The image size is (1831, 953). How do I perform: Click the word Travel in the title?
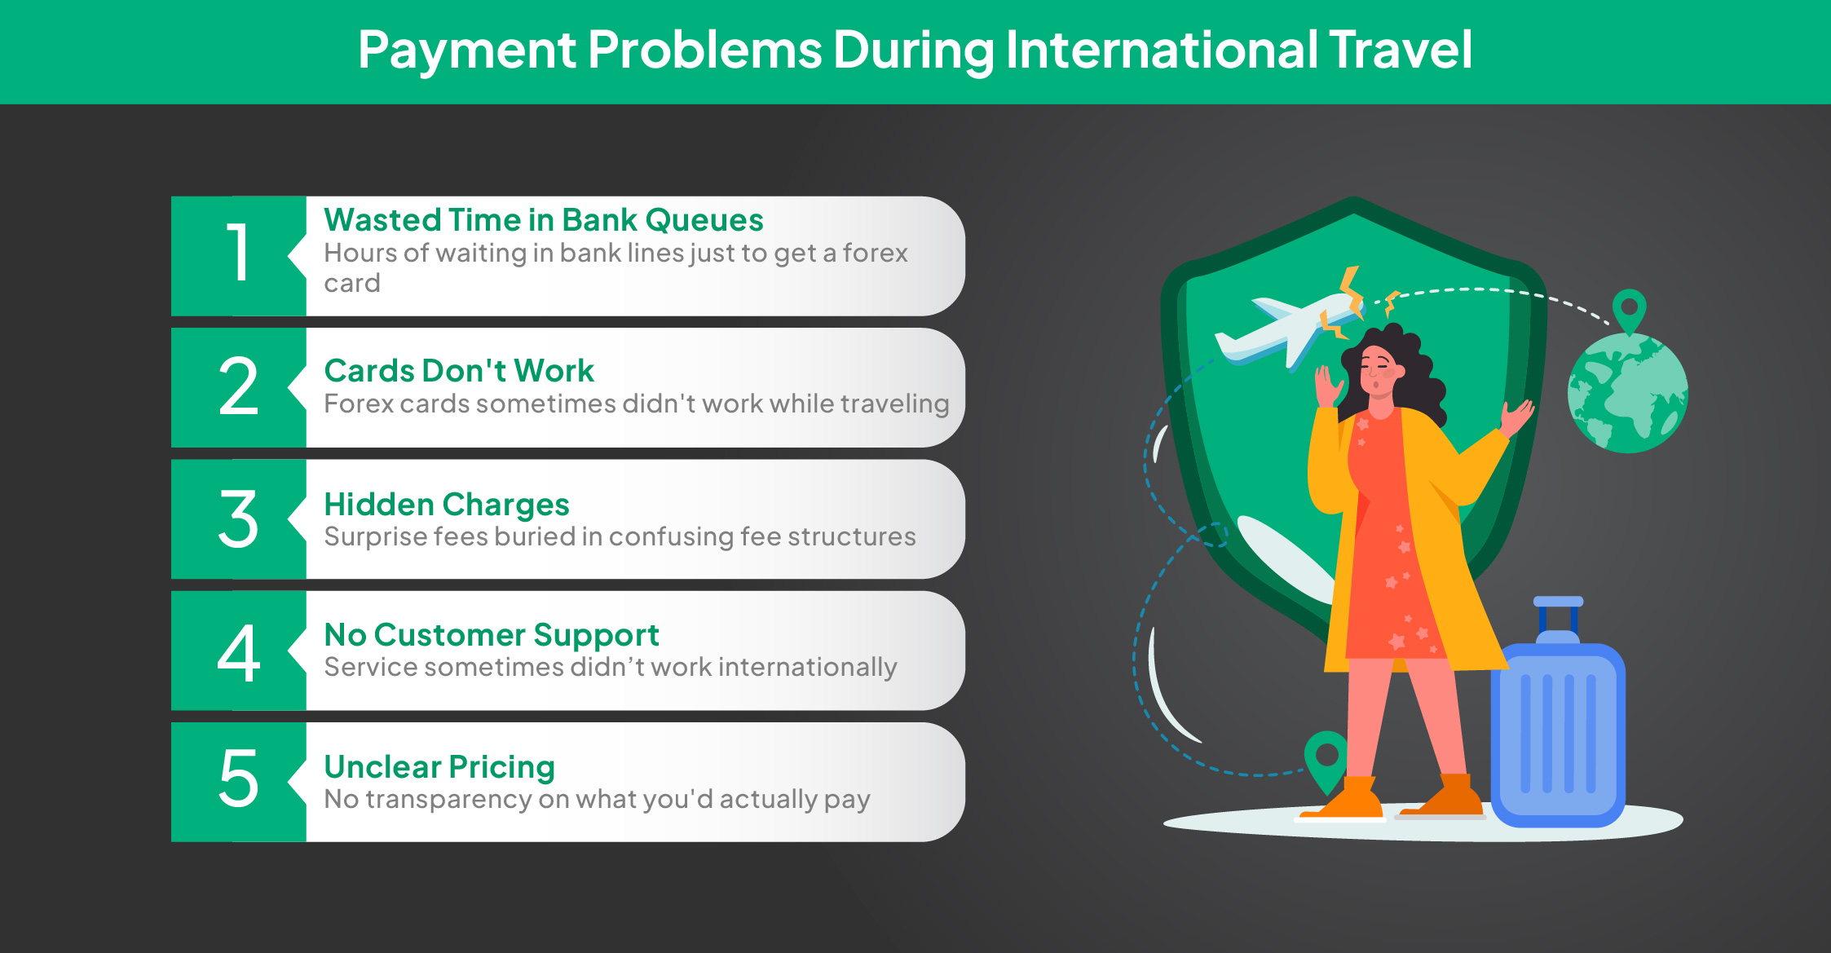coord(1401,50)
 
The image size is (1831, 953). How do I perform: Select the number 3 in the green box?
coord(238,518)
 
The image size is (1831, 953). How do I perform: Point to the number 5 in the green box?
coord(238,779)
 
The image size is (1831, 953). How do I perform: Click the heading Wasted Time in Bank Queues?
coord(544,220)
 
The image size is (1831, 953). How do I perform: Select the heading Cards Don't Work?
coord(459,371)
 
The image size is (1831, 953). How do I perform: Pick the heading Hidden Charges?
coord(447,505)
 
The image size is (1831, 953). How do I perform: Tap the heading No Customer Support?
coord(492,635)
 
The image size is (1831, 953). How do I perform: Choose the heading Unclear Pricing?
coord(439,767)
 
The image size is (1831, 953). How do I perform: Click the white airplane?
coord(1288,329)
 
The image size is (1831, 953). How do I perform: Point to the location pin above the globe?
coord(1629,311)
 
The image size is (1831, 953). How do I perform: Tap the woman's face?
coord(1378,372)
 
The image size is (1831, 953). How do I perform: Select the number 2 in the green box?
coord(238,386)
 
